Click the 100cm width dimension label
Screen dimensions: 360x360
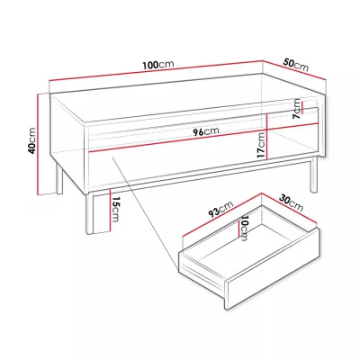158,65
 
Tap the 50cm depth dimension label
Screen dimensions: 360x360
296,66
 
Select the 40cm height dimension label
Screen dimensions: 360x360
31,140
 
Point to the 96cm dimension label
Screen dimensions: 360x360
206,131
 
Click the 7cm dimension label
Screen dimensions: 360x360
297,109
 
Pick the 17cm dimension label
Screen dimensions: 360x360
262,146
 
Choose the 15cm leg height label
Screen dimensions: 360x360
115,209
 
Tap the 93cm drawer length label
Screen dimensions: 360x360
220,209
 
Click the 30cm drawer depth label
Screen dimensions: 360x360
291,202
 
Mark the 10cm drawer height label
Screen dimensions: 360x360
244,228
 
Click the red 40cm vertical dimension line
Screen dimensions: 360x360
38,144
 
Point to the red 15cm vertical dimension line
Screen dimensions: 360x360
111,211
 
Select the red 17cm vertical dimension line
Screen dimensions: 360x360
266,137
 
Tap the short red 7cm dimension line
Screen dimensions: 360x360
302,107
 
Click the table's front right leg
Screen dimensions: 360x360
313,175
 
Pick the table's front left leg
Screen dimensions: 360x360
89,213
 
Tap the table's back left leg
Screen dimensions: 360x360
59,178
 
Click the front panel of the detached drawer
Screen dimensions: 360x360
273,269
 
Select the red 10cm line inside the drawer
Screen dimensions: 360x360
238,228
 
